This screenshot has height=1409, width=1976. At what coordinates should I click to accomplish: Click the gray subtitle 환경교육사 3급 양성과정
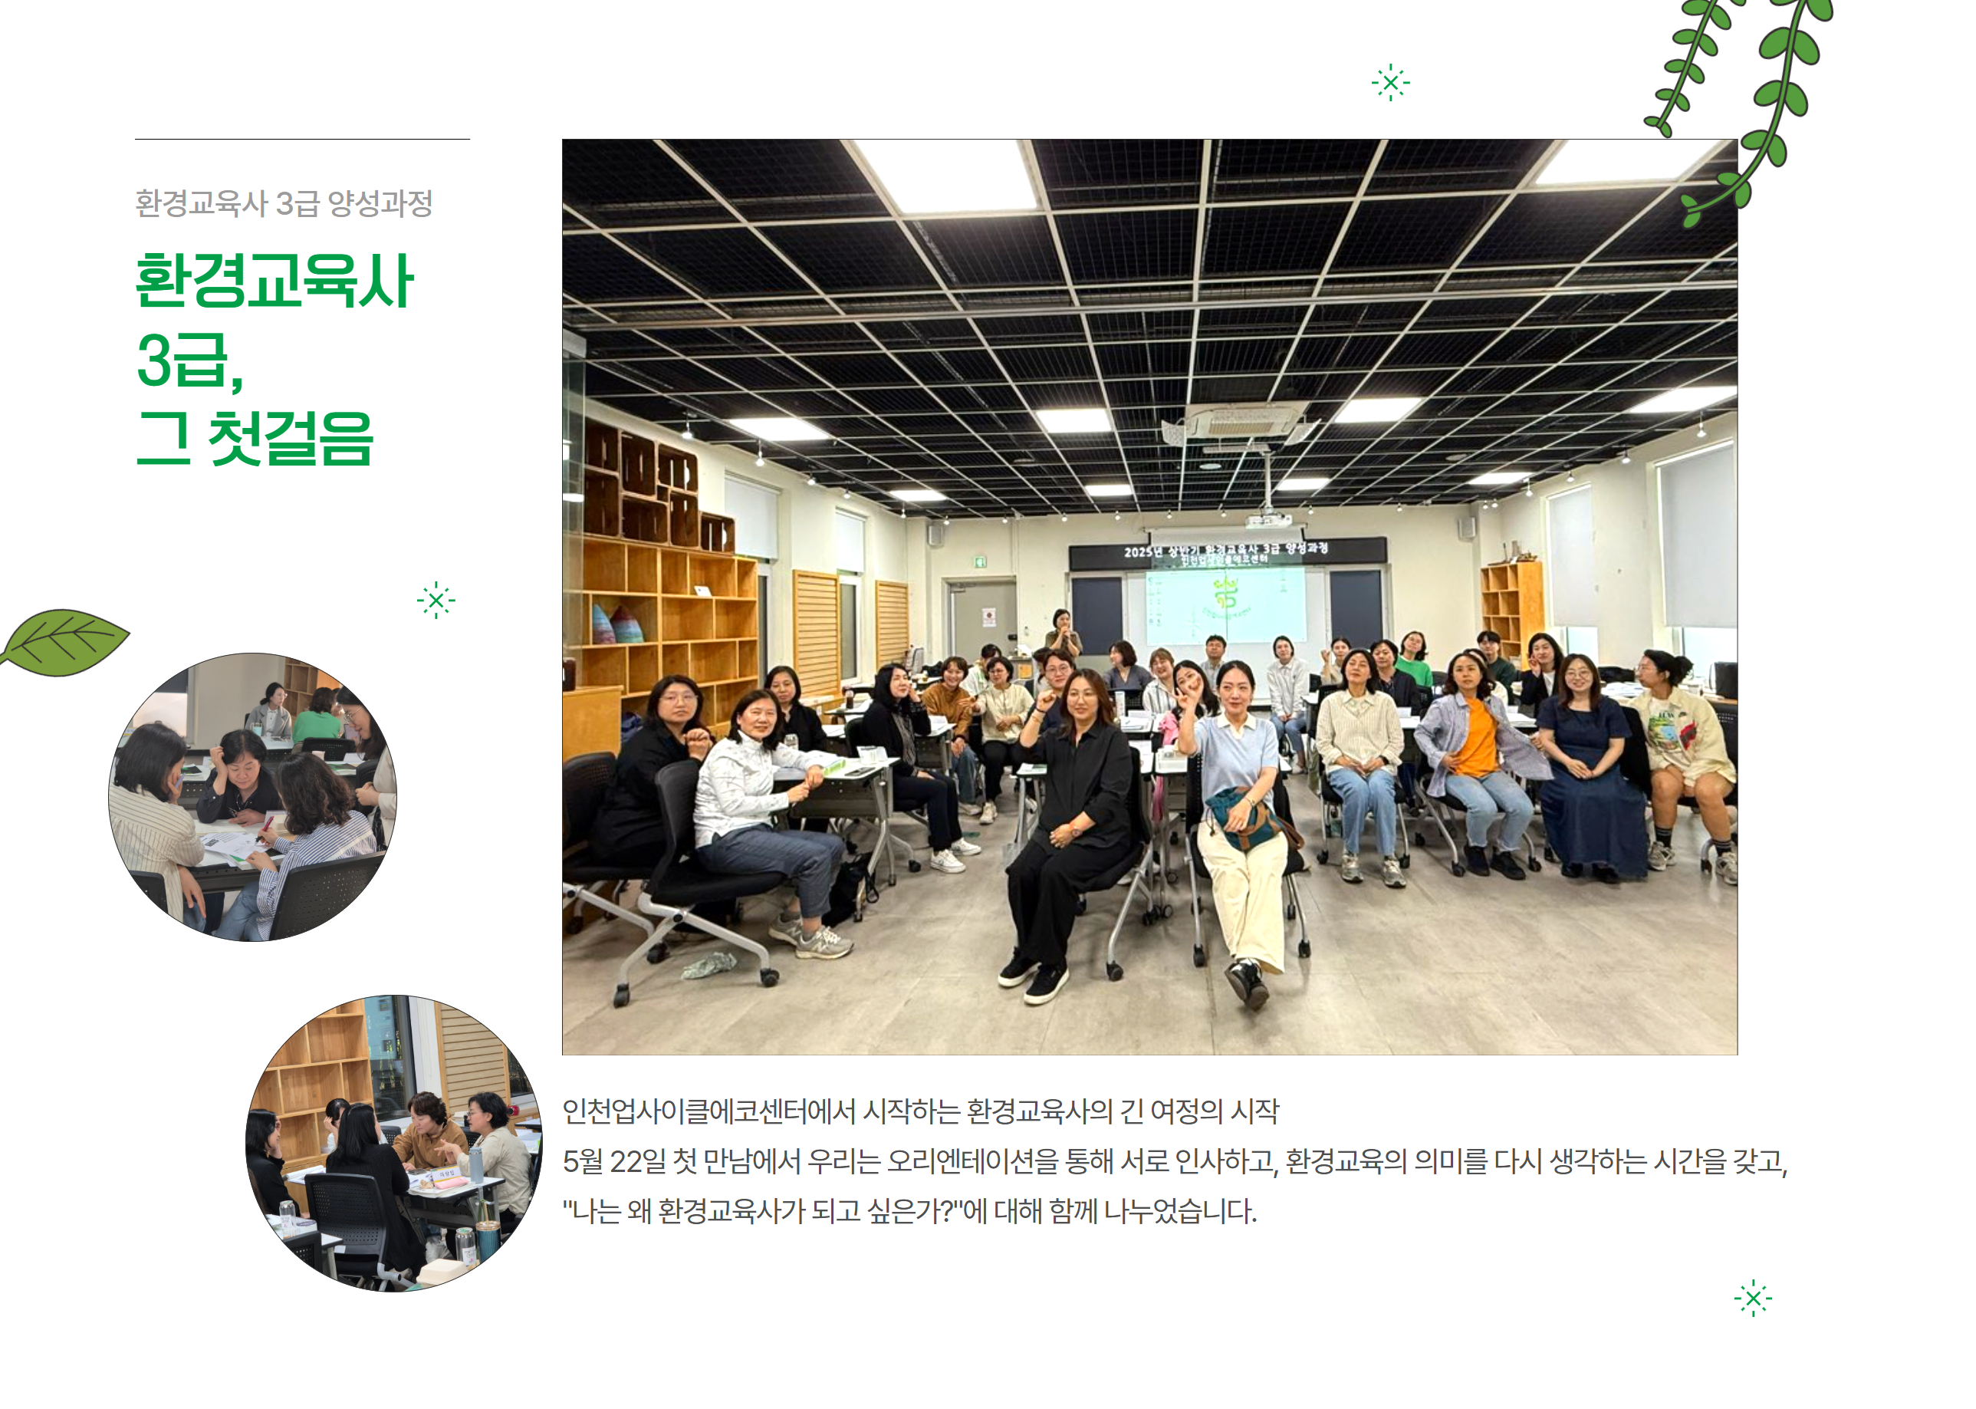[284, 203]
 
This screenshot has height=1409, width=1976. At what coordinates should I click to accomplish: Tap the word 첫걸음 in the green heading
[291, 438]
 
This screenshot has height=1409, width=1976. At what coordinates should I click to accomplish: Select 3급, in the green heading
[190, 360]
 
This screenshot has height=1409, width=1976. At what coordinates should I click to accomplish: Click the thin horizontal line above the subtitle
[302, 139]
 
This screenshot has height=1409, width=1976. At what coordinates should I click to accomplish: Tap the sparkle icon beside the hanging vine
[1390, 82]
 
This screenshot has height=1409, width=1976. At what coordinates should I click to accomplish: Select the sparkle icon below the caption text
[1753, 1298]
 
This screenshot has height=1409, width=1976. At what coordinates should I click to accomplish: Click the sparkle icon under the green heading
[436, 600]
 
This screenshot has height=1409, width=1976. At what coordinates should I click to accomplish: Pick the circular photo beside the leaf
[252, 796]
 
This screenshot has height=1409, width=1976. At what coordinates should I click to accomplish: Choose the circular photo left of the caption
[395, 1143]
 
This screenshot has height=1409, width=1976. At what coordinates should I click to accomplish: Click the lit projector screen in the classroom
[1228, 603]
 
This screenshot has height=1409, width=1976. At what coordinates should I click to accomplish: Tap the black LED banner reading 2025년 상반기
[1227, 553]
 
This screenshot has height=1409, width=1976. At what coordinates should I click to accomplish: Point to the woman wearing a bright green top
[1414, 663]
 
